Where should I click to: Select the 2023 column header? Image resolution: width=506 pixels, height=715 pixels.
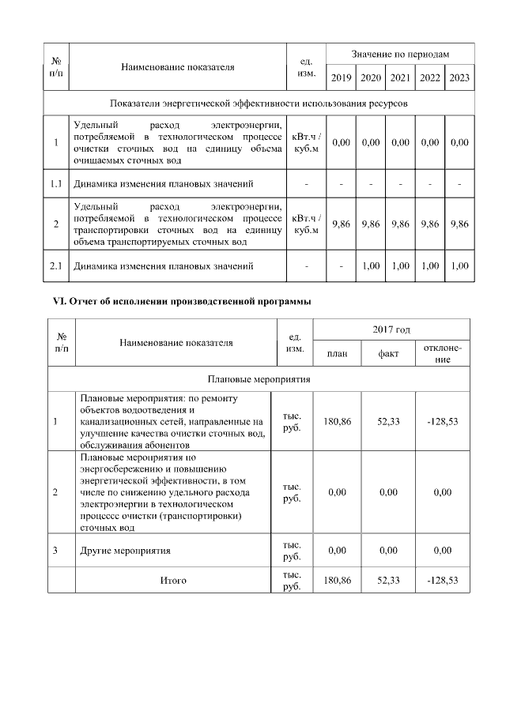459,77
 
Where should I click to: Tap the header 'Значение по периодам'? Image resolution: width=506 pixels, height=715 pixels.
400,54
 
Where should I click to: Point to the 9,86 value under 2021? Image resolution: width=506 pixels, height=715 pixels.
400,224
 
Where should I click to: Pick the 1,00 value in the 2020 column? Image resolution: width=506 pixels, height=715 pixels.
371,265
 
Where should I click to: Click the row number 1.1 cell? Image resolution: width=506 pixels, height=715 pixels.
56,184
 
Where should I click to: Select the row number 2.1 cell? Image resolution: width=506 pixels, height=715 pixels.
56,265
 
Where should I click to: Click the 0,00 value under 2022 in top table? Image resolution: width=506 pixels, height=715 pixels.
429,142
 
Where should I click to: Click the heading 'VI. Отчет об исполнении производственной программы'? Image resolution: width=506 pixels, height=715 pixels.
181,301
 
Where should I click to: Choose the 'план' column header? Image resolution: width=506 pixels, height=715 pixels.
337,354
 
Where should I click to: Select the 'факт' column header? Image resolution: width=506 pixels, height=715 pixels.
388,354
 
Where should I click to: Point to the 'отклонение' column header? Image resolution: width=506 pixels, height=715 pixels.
443,353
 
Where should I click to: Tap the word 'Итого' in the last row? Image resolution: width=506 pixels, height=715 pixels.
173,581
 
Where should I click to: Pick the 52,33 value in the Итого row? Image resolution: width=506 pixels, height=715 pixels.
388,580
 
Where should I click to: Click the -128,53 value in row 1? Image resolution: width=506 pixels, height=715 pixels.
443,421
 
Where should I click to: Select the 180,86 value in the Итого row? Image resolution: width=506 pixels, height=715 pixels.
337,580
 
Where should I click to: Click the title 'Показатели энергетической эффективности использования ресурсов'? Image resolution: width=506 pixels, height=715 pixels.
259,104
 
